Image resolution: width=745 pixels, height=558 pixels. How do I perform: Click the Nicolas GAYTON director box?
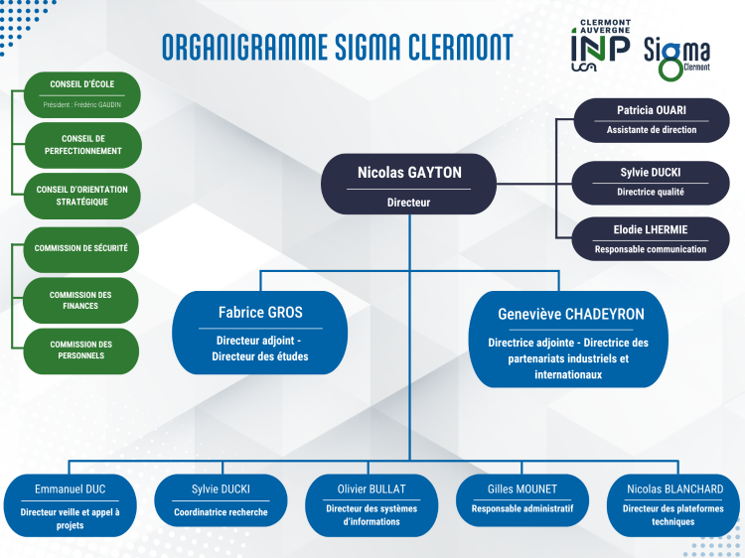[408, 184]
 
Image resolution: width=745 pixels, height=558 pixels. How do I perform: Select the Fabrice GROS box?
[260, 333]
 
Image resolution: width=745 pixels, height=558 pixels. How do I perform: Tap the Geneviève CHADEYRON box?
[568, 340]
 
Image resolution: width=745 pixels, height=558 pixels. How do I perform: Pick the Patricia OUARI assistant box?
[652, 120]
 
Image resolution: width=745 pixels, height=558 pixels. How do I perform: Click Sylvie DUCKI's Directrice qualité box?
[651, 183]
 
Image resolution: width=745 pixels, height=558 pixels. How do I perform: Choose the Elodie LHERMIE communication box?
[651, 239]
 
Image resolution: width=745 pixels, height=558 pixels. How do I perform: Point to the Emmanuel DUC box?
[70, 505]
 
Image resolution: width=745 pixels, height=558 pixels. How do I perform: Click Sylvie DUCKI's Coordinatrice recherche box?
[221, 500]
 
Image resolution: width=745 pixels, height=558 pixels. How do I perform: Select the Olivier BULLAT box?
[372, 505]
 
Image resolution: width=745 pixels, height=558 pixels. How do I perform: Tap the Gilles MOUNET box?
[522, 500]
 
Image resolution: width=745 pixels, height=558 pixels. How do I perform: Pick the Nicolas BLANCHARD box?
[673, 505]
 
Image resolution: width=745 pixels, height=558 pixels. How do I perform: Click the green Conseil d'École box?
[82, 94]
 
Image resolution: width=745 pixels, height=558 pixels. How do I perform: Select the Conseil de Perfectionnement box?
[83, 145]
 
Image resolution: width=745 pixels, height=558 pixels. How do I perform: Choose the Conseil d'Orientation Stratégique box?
[82, 196]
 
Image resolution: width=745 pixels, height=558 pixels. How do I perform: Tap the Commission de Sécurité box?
[81, 249]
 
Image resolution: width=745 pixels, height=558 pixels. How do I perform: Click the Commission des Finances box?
[80, 300]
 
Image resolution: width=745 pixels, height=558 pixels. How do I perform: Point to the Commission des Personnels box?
[81, 350]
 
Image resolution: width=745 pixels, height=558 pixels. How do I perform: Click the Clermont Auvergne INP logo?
[601, 46]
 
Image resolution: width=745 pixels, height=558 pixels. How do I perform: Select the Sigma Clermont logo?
[677, 58]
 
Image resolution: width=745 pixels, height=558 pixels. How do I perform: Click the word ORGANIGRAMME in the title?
[245, 47]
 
